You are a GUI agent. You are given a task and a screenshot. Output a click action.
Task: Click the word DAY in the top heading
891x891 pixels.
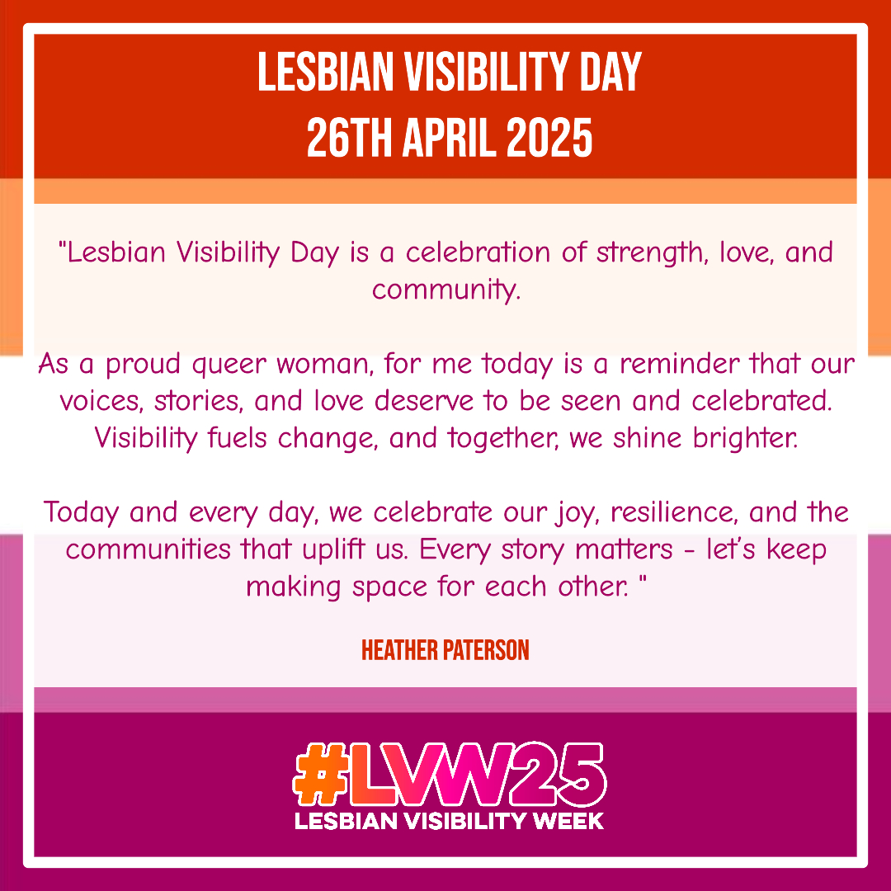pyautogui.click(x=610, y=72)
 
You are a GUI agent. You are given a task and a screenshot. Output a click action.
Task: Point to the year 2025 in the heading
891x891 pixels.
pyautogui.click(x=549, y=138)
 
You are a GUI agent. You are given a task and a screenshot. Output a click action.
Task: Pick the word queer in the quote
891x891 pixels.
pyautogui.click(x=229, y=365)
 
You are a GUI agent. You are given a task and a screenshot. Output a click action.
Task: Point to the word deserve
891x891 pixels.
pyautogui.click(x=424, y=401)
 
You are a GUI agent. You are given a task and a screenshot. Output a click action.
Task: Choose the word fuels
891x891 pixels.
pyautogui.click(x=237, y=437)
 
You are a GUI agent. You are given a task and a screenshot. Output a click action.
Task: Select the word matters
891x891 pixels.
pyautogui.click(x=624, y=550)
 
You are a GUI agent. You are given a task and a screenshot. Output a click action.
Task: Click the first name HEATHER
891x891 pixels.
pyautogui.click(x=399, y=650)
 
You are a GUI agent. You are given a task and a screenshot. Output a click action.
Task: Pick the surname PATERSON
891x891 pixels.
pyautogui.click(x=486, y=650)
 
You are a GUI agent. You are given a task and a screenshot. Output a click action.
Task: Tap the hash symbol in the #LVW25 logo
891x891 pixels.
pyautogui.click(x=320, y=775)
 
